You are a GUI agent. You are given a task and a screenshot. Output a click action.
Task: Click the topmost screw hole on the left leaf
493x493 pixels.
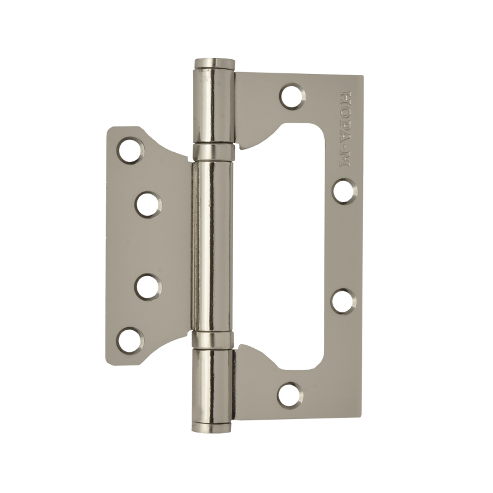tap(130, 150)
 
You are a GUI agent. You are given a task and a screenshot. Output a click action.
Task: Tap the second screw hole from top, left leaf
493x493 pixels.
tap(148, 205)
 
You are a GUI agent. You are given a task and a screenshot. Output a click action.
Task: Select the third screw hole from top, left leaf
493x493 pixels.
tap(148, 287)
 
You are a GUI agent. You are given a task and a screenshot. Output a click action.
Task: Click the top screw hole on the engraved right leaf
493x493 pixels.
tap(292, 96)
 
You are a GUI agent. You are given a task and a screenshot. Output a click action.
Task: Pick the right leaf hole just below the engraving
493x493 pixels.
tap(344, 191)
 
